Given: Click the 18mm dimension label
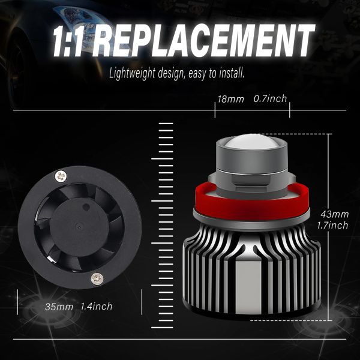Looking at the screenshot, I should coord(231,99).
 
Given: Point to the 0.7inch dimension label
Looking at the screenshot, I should coord(271,99).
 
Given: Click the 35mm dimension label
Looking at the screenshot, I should coord(59,307).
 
